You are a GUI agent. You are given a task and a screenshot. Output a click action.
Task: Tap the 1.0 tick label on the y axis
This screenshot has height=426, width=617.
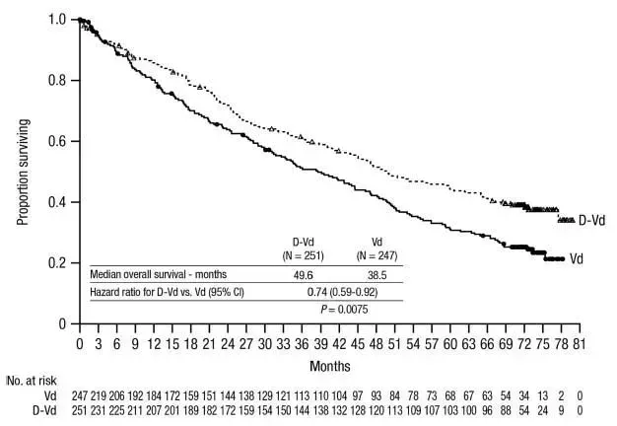(59, 20)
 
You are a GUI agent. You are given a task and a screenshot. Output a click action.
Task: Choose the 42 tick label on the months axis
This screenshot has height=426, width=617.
(338, 345)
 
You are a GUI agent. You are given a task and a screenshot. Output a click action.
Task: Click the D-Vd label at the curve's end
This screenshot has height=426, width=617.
(591, 221)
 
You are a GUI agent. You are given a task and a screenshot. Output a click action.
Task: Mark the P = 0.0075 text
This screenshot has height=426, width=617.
(343, 309)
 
